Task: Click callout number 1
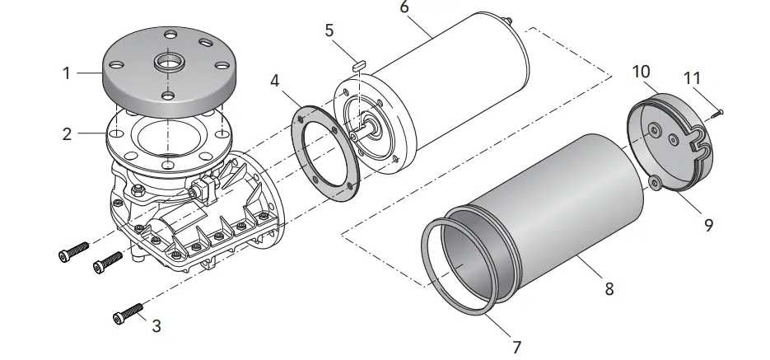[x=67, y=72]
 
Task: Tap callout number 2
[x=67, y=133]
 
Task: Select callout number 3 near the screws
[x=156, y=325]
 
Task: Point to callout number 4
[x=274, y=82]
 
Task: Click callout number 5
[x=329, y=31]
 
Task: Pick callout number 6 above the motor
[x=404, y=7]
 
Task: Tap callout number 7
[x=516, y=347]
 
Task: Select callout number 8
[x=609, y=289]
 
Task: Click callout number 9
[x=708, y=223]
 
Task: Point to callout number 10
[x=642, y=71]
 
